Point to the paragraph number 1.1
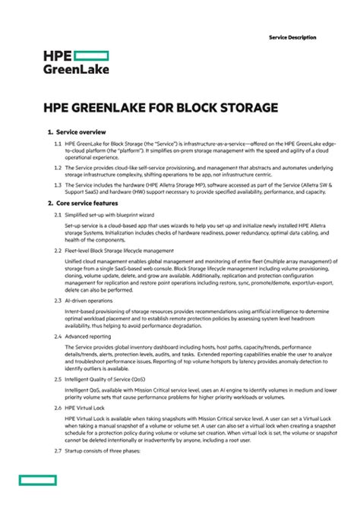[x=58, y=143]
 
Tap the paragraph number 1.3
[x=58, y=184]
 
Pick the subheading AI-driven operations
[x=89, y=301]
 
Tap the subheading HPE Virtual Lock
[x=86, y=408]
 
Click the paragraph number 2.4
[x=58, y=335]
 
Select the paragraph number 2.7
[x=58, y=452]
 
